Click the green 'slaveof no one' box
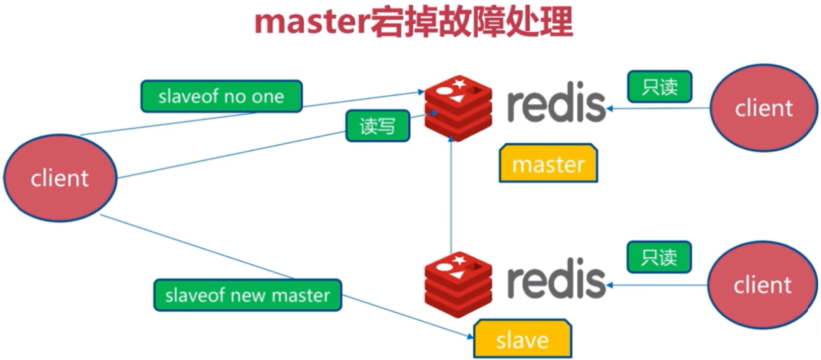click(222, 96)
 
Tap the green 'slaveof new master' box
click(248, 295)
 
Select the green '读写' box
click(377, 126)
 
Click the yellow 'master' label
click(548, 163)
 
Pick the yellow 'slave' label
click(522, 339)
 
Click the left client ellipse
click(60, 178)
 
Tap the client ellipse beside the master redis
click(764, 108)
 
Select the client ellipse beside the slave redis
click(762, 285)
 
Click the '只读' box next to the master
click(659, 87)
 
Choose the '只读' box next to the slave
click(659, 257)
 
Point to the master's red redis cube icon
click(458, 108)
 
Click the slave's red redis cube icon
click(458, 285)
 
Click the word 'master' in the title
click(312, 22)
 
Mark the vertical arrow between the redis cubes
click(451, 195)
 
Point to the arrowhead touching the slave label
click(470, 336)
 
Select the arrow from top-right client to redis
click(658, 109)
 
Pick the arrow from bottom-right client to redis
click(657, 285)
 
